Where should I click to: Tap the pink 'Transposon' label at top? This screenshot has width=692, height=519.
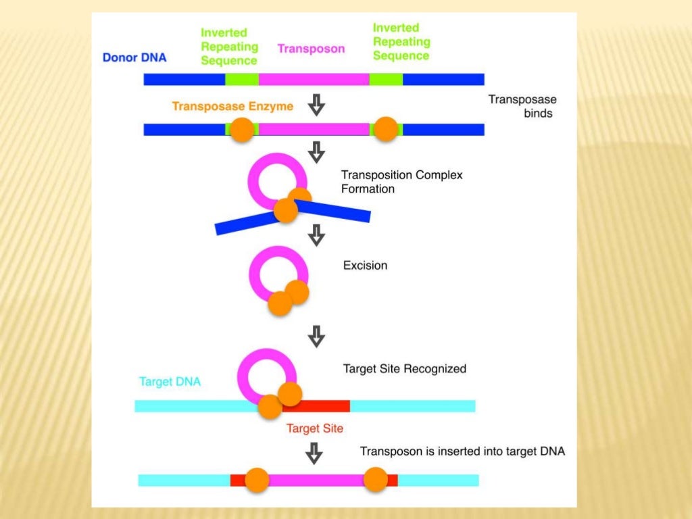(x=311, y=49)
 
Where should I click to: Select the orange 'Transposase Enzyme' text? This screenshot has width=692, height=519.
(x=232, y=107)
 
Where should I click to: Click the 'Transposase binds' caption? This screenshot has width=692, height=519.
(x=522, y=107)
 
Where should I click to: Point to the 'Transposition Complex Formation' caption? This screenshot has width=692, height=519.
(x=401, y=182)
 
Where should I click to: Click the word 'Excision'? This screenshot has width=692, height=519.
(x=365, y=266)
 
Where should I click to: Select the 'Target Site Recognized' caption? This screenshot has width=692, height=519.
(x=404, y=369)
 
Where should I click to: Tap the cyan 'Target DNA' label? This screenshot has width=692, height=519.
(x=170, y=382)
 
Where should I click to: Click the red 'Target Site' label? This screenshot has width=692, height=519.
(x=314, y=428)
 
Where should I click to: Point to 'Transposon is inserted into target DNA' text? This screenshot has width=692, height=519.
(x=462, y=451)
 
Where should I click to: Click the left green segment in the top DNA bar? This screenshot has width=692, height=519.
(x=241, y=80)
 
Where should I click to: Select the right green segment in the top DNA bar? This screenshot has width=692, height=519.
(x=386, y=80)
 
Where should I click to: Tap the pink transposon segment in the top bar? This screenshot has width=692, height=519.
(x=314, y=80)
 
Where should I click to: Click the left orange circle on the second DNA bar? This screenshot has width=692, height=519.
(x=241, y=130)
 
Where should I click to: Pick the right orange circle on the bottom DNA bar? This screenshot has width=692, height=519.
(x=375, y=480)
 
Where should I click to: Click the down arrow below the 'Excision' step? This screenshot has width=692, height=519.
(x=316, y=335)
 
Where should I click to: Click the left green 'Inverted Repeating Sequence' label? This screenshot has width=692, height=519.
(x=230, y=47)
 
